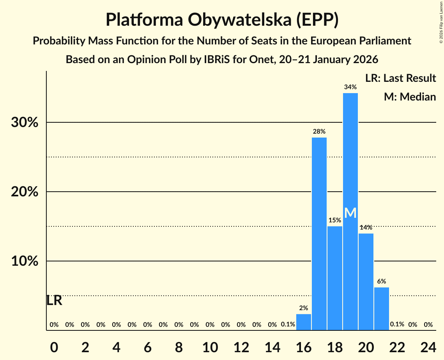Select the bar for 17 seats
319,234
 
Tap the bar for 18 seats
334,278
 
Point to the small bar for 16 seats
303,322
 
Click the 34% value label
350,87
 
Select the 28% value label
319,131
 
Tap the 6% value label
381,281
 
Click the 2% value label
303,308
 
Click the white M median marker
350,213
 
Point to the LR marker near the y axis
54,300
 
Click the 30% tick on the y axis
24,123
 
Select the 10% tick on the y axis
24,261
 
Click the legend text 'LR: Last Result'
400,78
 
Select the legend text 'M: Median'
410,97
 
